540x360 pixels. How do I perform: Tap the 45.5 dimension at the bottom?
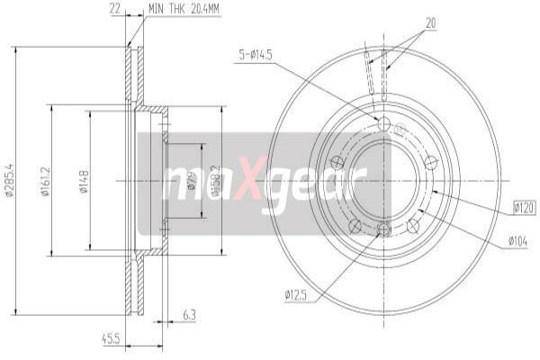click(112, 340)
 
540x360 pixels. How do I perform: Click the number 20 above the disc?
click(430, 24)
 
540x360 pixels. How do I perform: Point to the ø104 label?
click(517, 241)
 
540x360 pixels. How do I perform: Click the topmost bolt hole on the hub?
click(384, 124)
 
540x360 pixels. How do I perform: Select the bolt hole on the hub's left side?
click(337, 163)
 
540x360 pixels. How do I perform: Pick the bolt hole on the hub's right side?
click(431, 163)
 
